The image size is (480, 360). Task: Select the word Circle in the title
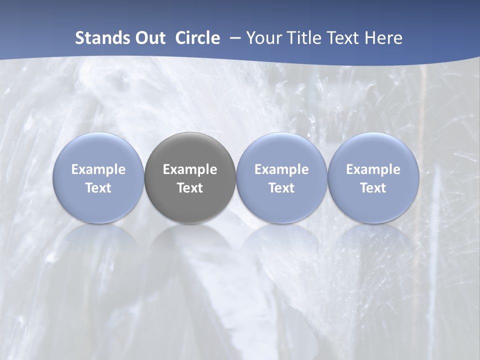tap(197, 38)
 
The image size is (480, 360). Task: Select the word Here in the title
tap(383, 38)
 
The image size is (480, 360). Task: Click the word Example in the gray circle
tap(190, 169)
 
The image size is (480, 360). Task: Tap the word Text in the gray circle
tap(190, 188)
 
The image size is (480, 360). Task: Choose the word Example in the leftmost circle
tap(98, 169)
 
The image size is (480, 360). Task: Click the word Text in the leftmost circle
tap(98, 188)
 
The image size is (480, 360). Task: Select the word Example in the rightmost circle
tap(373, 169)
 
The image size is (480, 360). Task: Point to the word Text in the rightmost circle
tap(373, 188)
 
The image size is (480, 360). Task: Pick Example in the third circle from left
tap(281, 169)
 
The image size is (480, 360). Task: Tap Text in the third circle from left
tap(281, 188)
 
